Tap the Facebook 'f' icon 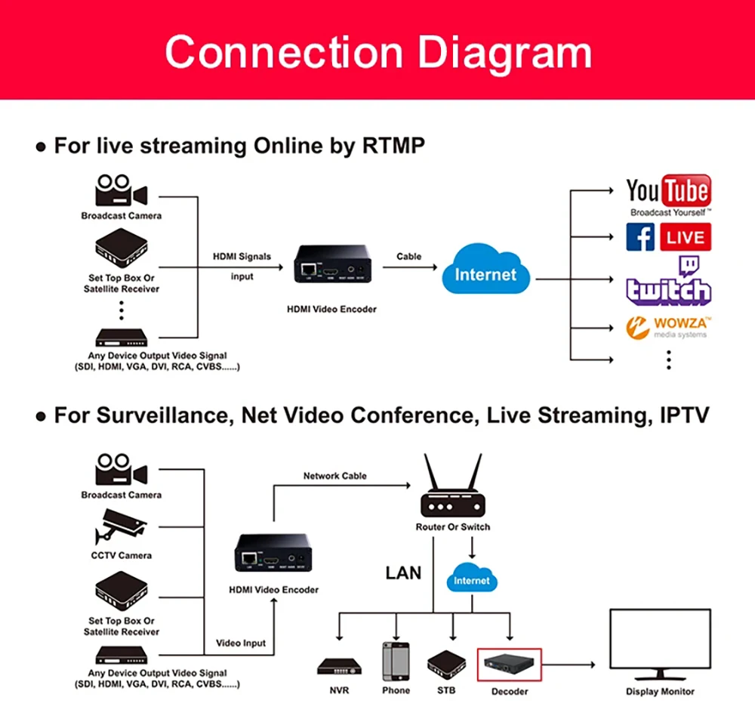[640, 237]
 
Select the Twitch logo [668, 282]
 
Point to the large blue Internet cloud [485, 273]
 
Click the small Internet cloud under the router [472, 579]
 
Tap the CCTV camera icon [120, 526]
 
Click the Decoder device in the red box [510, 665]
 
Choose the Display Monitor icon [659, 644]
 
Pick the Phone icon [396, 661]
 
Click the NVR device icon [339, 667]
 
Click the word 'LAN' [403, 572]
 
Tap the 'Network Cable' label [334, 476]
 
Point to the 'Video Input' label [241, 643]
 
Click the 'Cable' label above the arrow [409, 256]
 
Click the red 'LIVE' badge [686, 237]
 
